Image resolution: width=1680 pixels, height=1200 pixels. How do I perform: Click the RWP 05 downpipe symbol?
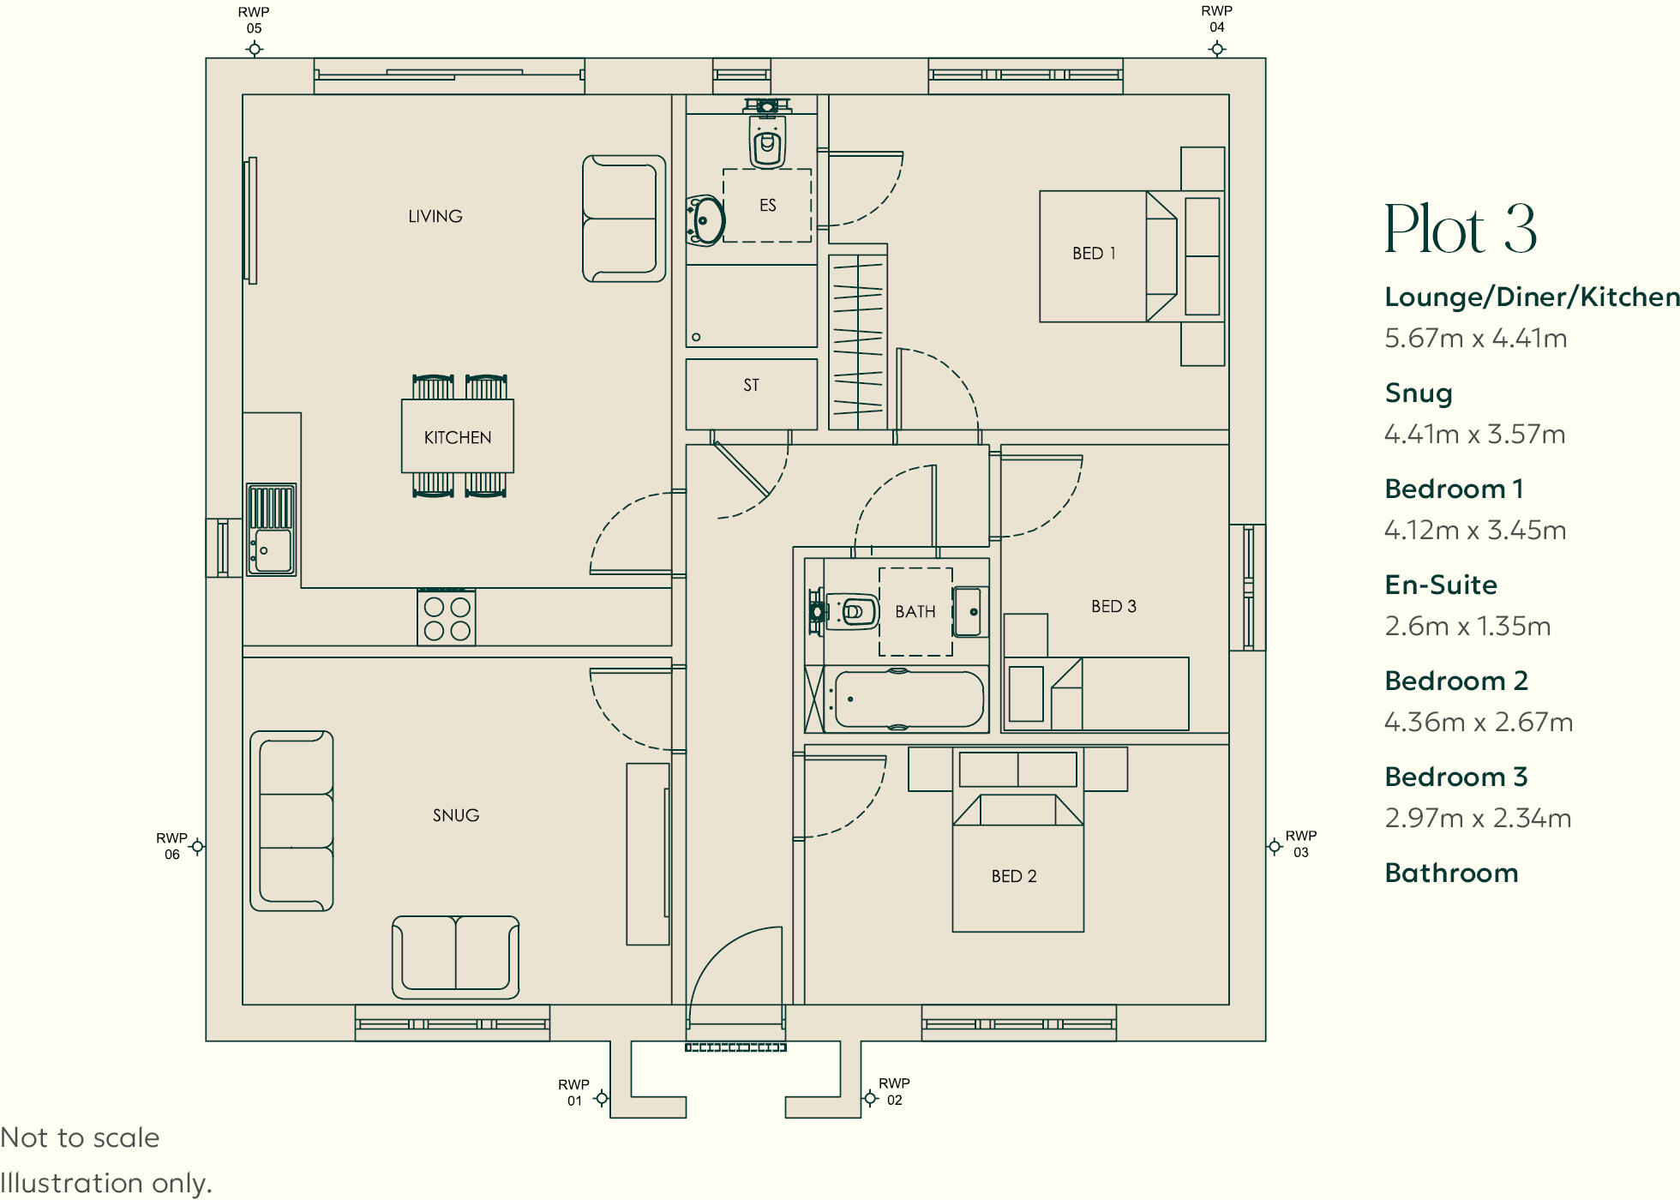coord(255,49)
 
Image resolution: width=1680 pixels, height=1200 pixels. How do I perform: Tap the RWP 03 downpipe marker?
coord(1275,847)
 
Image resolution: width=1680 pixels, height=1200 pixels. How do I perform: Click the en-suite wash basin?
coord(705,220)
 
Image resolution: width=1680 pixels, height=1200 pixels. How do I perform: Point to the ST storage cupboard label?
coord(752,386)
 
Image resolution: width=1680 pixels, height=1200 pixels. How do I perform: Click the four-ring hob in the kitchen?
coord(447,617)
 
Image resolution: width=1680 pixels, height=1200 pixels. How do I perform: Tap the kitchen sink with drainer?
coord(272,529)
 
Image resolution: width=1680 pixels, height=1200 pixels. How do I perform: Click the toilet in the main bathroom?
coord(843,611)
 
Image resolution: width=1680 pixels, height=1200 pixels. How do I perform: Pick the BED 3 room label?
coord(1113,607)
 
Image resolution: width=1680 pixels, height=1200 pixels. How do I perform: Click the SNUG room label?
coord(456,815)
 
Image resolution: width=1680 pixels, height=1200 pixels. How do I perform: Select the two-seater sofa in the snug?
coord(456,957)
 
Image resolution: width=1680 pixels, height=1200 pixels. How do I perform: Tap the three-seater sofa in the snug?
coord(291,820)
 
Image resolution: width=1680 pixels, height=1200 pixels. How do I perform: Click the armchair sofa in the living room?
coord(624,219)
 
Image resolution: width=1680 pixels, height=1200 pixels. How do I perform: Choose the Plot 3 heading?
coord(1461,229)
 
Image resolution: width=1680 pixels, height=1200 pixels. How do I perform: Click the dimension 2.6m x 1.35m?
coord(1467,627)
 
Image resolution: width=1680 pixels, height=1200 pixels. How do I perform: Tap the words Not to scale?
coord(80,1137)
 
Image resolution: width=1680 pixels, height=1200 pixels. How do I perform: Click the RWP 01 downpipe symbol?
coord(602,1098)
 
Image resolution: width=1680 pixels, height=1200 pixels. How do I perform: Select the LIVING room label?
coord(435,216)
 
